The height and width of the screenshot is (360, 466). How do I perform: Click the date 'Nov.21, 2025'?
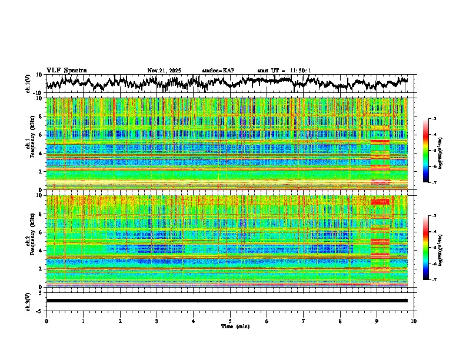(164, 71)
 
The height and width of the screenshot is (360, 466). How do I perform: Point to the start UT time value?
(302, 71)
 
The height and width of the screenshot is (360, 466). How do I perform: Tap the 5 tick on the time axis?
(230, 321)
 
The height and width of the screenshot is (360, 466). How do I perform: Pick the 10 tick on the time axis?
(414, 321)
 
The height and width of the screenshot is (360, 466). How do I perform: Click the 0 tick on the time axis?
(46, 321)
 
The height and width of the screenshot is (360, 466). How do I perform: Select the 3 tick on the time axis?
(157, 321)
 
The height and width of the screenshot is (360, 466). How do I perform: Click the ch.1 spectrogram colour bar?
(426, 151)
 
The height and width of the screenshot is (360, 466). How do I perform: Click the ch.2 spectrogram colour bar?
(426, 248)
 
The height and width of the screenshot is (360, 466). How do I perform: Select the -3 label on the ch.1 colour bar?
(434, 119)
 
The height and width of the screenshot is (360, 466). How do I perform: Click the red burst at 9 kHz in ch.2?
(380, 202)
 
